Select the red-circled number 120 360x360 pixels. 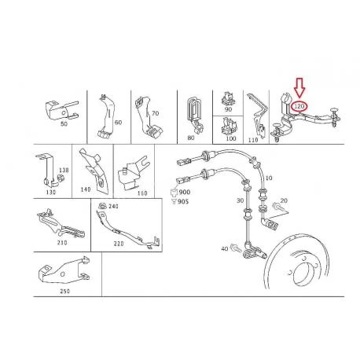pos(299,106)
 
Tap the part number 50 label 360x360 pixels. pos(64,124)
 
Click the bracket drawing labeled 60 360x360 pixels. pos(107,116)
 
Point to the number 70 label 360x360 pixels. pos(155,113)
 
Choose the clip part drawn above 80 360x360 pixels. pos(195,114)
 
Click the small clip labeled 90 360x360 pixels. pos(228,98)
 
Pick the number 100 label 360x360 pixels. pos(231,138)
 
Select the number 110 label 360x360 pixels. pos(253,140)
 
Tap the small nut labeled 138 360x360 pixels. pos(61,178)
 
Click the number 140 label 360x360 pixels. pos(86,189)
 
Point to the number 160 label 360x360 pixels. pos(142,193)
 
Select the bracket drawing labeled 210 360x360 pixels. pos(61,224)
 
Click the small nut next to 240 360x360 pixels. pos(102,205)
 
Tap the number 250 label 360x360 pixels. pos(64,291)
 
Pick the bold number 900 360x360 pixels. pos(185,192)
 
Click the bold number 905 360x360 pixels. pos(183,201)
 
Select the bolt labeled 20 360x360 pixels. pos(277,206)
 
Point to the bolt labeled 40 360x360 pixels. pos(236,248)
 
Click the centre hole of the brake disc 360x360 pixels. pos(304,274)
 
